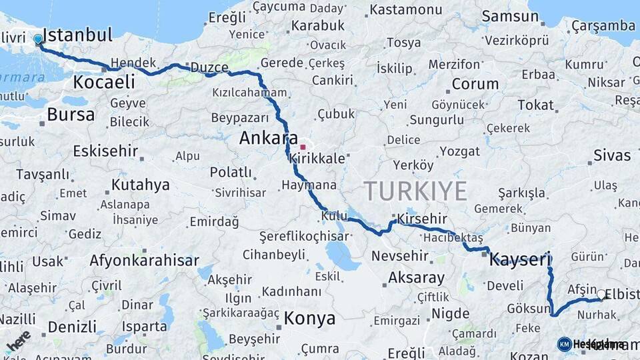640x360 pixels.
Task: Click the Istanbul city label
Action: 77,35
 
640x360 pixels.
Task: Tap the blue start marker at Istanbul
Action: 38,39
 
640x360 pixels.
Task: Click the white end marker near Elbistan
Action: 601,294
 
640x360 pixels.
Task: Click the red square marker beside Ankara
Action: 303,147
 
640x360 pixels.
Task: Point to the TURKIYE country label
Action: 415,191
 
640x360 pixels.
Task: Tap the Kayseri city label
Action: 520,259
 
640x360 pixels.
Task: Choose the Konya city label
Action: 309,319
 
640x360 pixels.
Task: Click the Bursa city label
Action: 71,115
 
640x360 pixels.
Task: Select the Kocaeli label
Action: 104,83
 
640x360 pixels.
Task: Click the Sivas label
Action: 612,155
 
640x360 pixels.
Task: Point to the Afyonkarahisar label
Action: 141,260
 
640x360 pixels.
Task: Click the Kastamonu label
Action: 405,10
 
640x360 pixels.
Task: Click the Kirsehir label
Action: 421,219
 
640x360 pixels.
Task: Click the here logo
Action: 18,341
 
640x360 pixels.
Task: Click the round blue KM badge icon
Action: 564,344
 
